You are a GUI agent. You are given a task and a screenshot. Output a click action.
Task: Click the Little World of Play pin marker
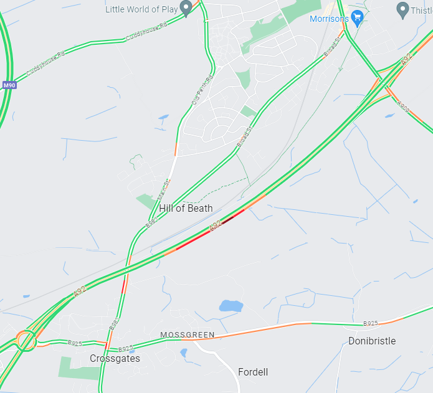186,8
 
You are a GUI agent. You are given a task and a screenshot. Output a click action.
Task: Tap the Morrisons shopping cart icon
357,17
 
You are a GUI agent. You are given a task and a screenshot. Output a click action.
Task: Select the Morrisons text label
329,19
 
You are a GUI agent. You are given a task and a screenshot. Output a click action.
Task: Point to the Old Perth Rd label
202,90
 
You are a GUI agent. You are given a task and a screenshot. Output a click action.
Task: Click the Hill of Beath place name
186,208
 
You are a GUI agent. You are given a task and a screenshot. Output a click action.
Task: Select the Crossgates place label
115,358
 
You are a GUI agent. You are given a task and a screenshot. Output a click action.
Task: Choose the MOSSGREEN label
187,335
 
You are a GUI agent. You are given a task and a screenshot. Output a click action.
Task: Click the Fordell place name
253,372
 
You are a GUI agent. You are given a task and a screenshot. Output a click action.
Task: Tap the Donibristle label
372,341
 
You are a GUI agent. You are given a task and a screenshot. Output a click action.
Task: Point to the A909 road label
403,107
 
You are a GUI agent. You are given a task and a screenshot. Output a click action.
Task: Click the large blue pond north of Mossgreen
231,306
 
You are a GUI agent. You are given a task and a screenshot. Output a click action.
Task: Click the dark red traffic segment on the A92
229,218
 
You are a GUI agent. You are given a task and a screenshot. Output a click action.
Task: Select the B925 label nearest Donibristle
371,324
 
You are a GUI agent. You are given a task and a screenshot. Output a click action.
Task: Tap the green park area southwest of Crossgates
79,367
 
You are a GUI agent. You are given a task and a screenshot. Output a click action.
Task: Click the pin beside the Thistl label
402,9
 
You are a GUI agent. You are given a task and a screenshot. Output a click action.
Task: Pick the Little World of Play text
141,9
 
